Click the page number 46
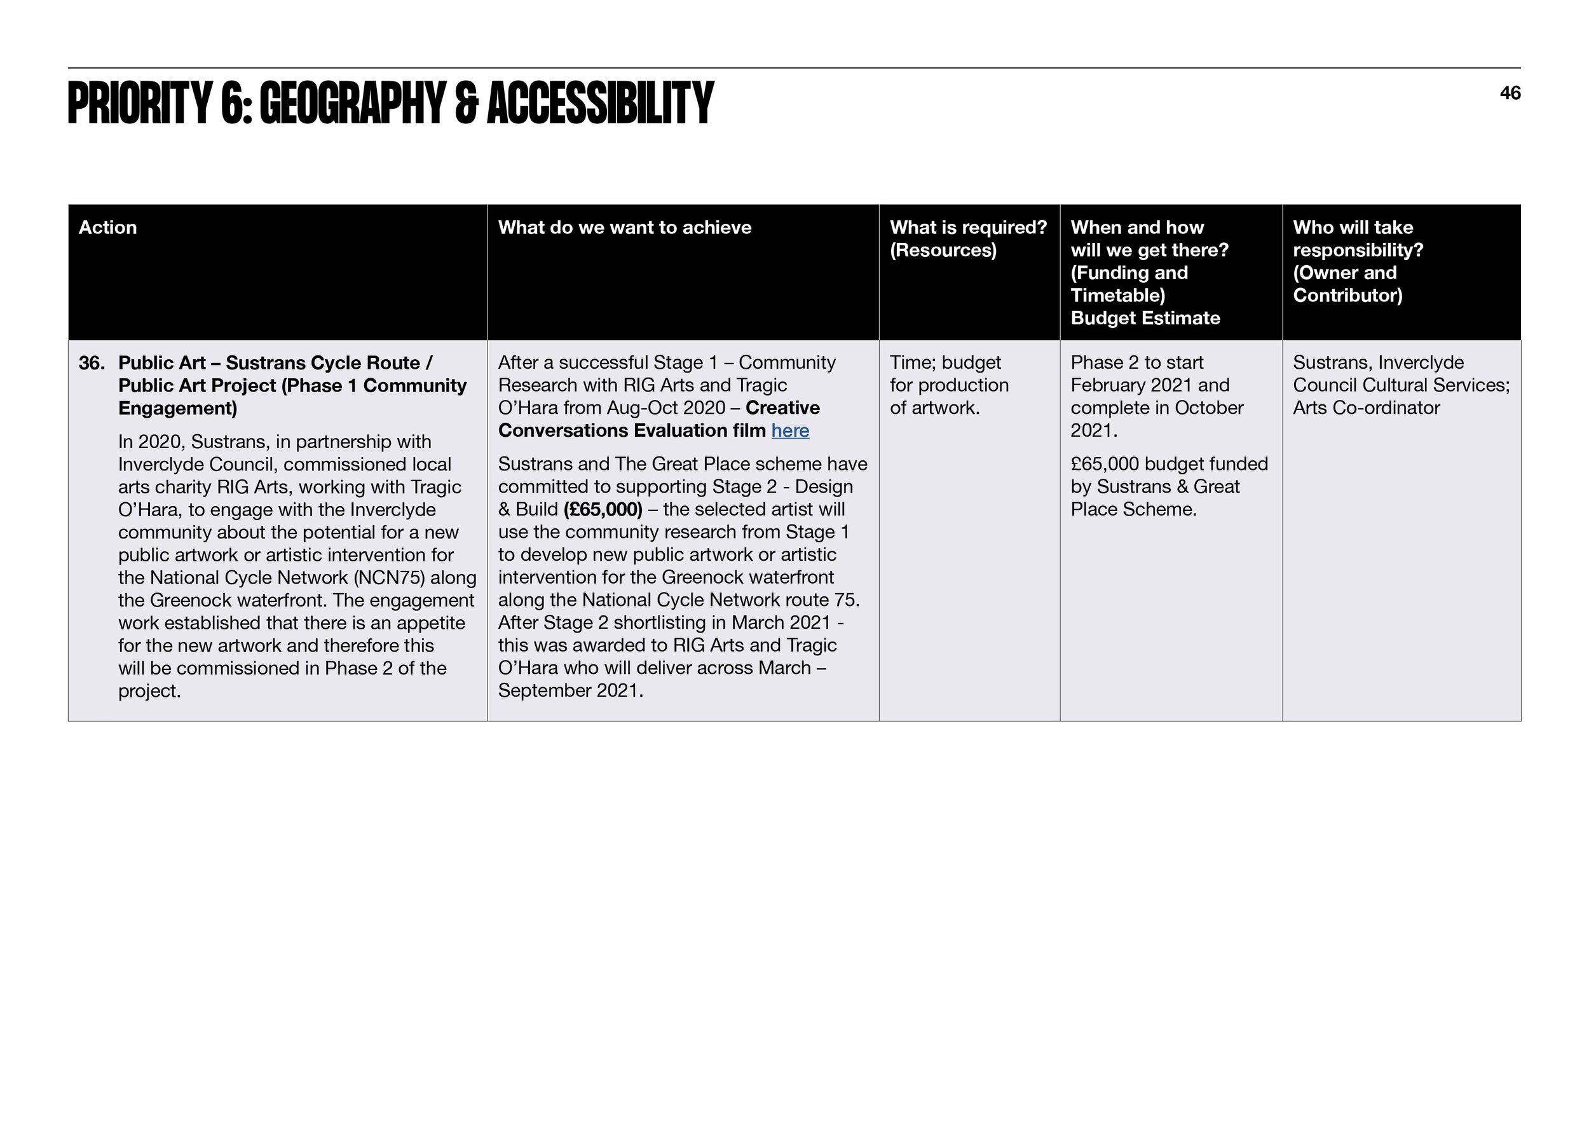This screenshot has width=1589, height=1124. coord(1510,93)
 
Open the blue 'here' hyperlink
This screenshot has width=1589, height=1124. coord(789,430)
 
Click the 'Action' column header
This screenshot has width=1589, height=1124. coord(107,228)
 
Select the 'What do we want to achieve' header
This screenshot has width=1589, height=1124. coord(624,228)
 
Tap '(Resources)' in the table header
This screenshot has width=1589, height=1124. coord(943,250)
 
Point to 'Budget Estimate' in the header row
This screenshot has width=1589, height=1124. coord(1145,319)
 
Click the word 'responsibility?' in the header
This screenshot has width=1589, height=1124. coord(1358,250)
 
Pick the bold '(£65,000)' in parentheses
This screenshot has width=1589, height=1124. coord(603,510)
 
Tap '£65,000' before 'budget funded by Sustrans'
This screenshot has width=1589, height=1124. coord(1105,464)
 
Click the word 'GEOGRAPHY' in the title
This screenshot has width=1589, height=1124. coord(352,104)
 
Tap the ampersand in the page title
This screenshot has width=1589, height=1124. coord(466,104)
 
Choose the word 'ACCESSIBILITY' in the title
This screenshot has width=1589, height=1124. coord(600,104)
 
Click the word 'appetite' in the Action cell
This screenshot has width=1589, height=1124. coord(430,623)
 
